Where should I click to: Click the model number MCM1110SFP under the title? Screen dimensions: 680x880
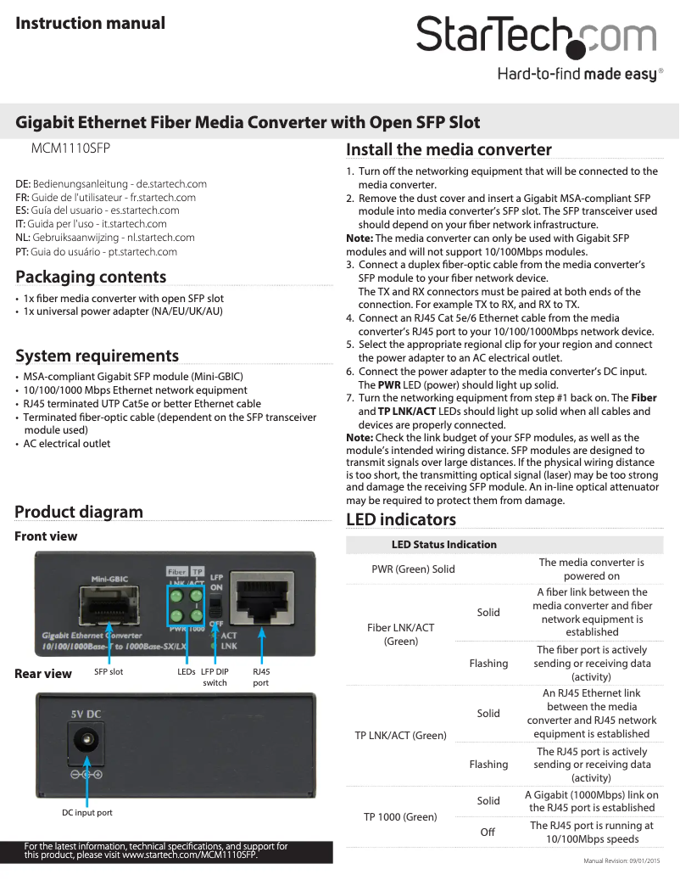point(70,148)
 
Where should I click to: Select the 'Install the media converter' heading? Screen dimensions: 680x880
point(449,150)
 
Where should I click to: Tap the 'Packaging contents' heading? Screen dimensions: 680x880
point(91,277)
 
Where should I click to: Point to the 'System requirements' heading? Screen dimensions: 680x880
point(97,356)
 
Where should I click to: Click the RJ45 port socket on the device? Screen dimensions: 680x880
point(262,600)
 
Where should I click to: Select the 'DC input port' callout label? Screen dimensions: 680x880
point(86,812)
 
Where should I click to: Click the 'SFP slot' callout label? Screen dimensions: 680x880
point(109,671)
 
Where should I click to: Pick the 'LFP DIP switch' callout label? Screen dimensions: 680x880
point(215,676)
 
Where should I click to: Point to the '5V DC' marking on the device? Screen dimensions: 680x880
point(86,714)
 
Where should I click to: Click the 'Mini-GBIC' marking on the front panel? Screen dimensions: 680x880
point(109,579)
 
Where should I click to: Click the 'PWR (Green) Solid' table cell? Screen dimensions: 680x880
point(413,569)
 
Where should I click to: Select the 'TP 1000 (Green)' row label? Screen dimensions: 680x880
point(400,816)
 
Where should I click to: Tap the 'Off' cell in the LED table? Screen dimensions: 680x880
point(488,832)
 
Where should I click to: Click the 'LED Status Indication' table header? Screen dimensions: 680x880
point(443,544)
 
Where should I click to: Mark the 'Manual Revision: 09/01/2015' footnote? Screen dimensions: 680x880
point(621,861)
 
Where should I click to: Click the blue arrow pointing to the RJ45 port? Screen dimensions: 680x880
point(262,645)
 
